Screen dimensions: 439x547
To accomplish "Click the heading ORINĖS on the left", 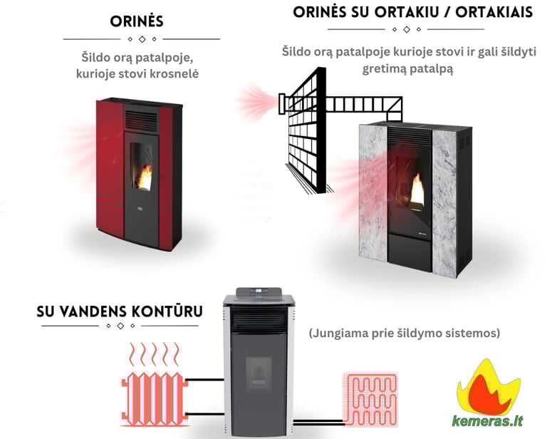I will (x=137, y=21).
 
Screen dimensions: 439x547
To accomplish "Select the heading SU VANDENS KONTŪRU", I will (x=120, y=311).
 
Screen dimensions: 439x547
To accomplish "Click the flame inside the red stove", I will (x=144, y=176).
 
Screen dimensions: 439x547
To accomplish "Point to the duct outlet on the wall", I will (x=282, y=103).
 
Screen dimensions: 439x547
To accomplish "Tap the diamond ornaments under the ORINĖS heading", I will (x=141, y=38).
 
